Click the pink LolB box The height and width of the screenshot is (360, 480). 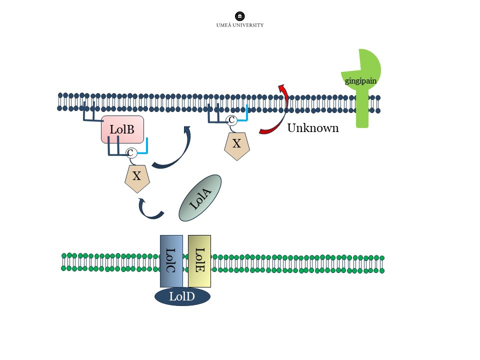click(122, 129)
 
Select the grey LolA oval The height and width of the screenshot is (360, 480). click(200, 198)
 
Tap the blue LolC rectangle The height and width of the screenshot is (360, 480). click(171, 260)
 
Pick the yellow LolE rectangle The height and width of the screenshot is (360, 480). click(199, 260)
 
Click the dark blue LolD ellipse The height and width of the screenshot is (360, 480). click(182, 296)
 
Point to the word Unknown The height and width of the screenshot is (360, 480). click(312, 128)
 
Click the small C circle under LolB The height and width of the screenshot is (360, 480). click(130, 153)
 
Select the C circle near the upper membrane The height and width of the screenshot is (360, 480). click(231, 120)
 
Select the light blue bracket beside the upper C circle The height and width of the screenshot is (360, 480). click(244, 115)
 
